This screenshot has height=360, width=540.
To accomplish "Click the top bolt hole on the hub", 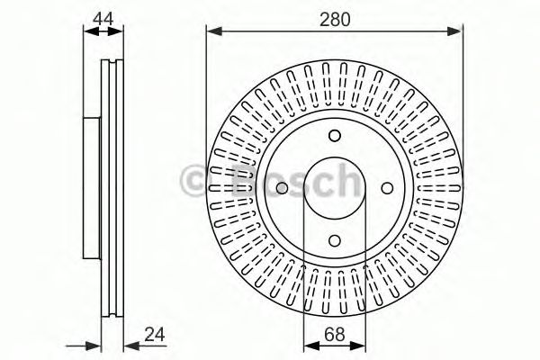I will (335, 136).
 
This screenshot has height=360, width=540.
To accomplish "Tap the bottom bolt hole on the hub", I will (335, 239).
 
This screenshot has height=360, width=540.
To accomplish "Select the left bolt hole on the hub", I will (283, 188).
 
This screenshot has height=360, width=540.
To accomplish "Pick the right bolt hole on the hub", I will (387, 188).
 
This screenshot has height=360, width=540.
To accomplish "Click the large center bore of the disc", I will (335, 188).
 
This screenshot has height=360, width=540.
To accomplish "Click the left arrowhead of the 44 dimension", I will (88, 31).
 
